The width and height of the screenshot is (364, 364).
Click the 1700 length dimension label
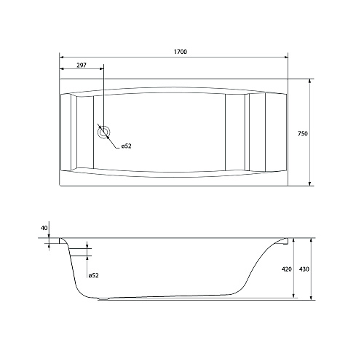(181, 52)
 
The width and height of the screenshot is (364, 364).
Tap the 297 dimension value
(82, 65)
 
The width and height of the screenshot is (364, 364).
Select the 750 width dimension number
(303, 133)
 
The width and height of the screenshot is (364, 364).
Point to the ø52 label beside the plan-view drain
(127, 146)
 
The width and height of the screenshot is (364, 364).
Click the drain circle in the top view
(104, 132)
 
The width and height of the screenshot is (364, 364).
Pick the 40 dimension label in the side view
(44, 228)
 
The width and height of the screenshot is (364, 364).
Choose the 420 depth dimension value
(287, 269)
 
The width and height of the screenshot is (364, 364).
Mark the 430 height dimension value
(304, 269)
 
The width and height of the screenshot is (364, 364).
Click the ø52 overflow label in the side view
(93, 275)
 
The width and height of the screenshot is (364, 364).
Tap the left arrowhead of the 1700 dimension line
(61, 58)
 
